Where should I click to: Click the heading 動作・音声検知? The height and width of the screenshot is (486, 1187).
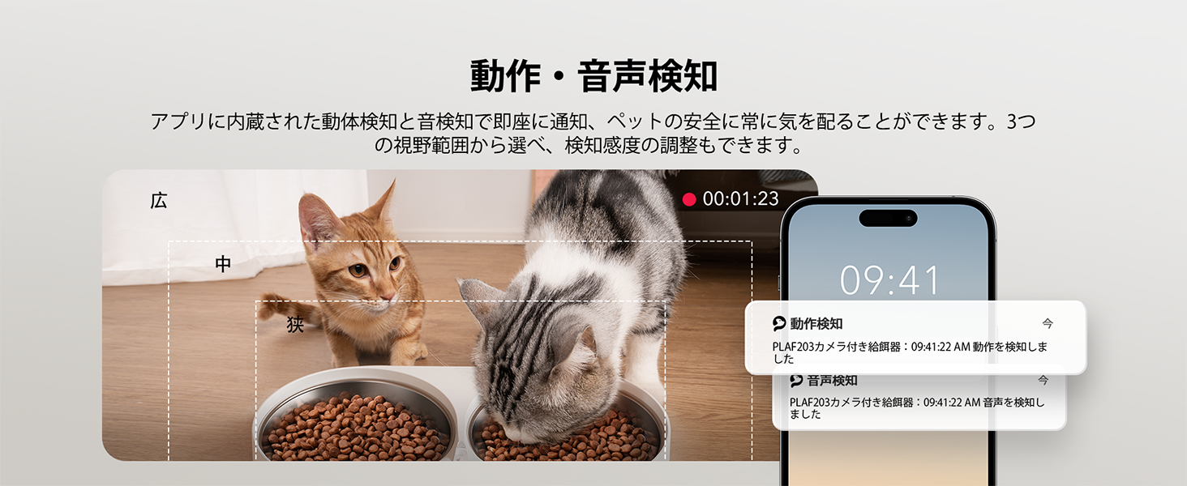(593, 76)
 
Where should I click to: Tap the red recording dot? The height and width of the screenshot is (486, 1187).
(689, 199)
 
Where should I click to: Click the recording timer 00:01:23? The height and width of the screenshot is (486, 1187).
(740, 198)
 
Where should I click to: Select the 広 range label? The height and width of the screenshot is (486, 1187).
(158, 201)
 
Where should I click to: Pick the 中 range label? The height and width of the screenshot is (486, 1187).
(223, 263)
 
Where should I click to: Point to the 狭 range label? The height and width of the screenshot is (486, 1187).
(295, 324)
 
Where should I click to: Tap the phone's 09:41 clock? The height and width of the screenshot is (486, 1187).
(889, 280)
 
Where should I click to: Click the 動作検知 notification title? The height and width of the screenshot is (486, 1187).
(816, 323)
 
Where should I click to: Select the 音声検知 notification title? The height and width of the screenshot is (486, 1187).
(832, 380)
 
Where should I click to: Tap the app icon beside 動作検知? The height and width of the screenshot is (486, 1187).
(779, 323)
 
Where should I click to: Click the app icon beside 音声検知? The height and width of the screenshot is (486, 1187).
(796, 380)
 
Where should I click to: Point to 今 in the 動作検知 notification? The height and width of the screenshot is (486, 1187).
(1048, 323)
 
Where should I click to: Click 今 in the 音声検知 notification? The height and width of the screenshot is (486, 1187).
(1043, 380)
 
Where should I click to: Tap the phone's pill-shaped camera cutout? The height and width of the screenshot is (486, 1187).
(888, 218)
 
